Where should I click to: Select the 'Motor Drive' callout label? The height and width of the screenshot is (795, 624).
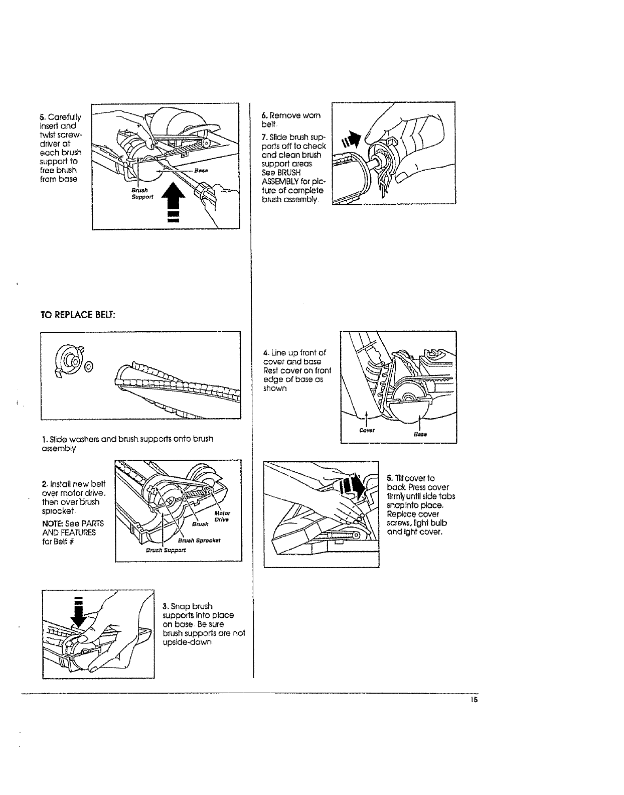[222, 516]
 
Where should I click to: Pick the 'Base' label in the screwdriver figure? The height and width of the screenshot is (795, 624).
[204, 171]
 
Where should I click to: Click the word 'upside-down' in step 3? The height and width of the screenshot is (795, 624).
[184, 643]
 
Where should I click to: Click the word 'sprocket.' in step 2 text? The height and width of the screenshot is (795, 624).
[59, 510]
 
